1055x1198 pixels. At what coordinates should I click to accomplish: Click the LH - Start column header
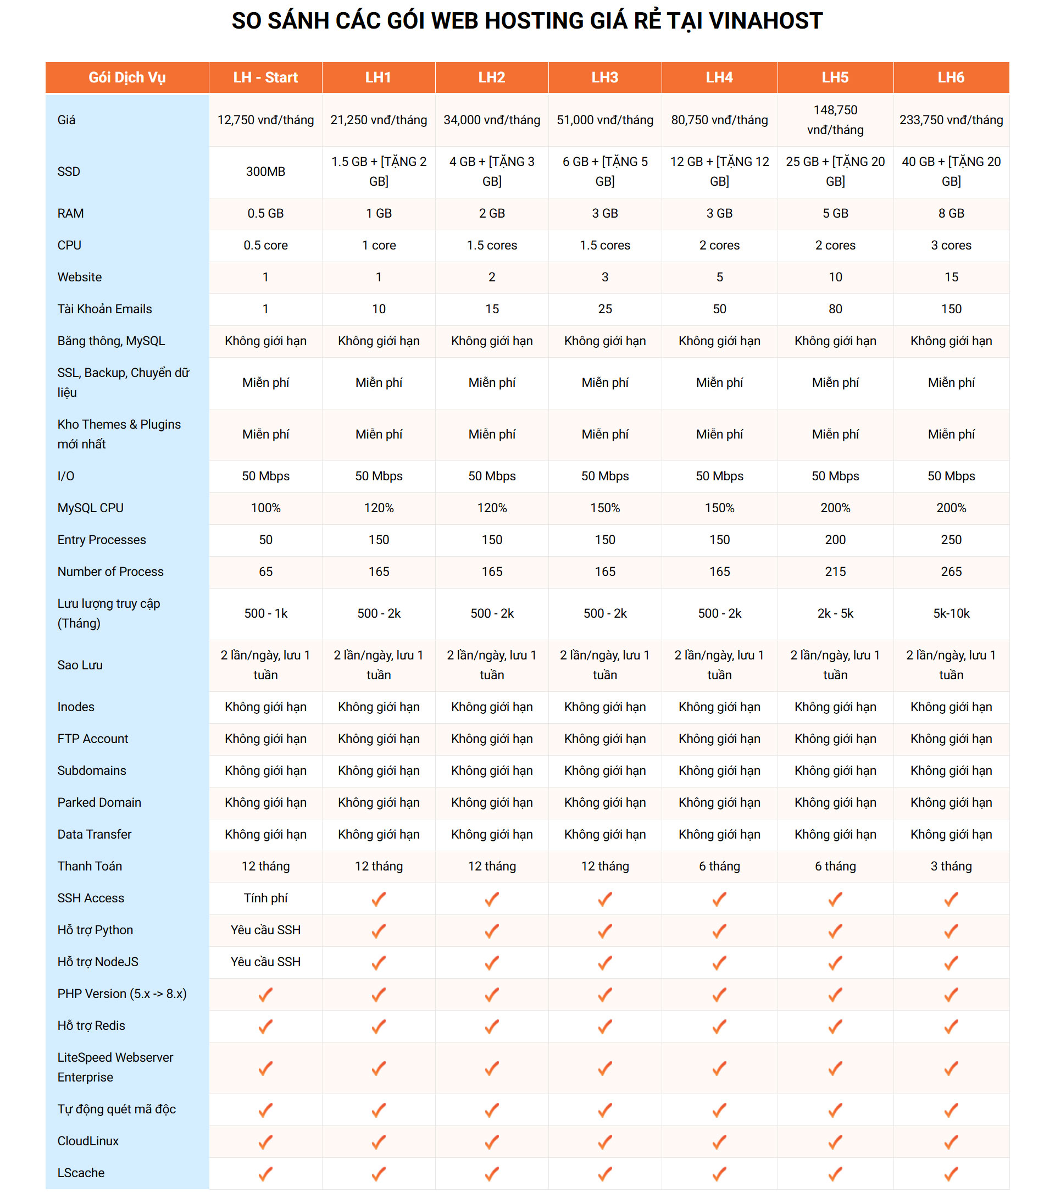point(265,77)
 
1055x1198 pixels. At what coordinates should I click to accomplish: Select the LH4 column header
point(719,77)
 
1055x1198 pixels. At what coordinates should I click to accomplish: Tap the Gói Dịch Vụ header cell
point(126,77)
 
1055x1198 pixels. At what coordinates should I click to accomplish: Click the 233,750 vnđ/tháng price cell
point(951,120)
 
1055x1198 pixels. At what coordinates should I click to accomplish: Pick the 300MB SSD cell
point(265,171)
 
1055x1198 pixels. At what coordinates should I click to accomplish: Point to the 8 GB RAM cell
point(951,213)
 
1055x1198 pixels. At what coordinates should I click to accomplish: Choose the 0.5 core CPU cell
point(265,245)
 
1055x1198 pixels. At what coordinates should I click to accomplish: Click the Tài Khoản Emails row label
point(104,309)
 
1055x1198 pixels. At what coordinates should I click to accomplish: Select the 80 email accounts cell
point(835,309)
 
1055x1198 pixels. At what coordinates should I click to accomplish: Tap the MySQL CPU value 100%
point(265,508)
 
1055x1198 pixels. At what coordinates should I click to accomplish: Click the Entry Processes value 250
point(951,539)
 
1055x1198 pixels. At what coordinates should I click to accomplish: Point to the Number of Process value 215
point(835,572)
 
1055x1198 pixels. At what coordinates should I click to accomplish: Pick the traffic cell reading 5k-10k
point(951,613)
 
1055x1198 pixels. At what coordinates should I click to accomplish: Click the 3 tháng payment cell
point(951,866)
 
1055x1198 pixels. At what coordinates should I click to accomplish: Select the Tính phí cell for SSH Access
point(265,897)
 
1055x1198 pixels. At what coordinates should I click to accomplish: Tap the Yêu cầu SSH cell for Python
point(265,930)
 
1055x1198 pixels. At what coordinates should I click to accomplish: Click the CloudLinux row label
point(88,1140)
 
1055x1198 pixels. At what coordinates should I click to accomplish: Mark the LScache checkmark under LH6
point(951,1173)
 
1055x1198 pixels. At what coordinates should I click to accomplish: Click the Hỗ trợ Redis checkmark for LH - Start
point(265,1025)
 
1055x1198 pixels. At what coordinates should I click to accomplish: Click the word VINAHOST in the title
point(765,21)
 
